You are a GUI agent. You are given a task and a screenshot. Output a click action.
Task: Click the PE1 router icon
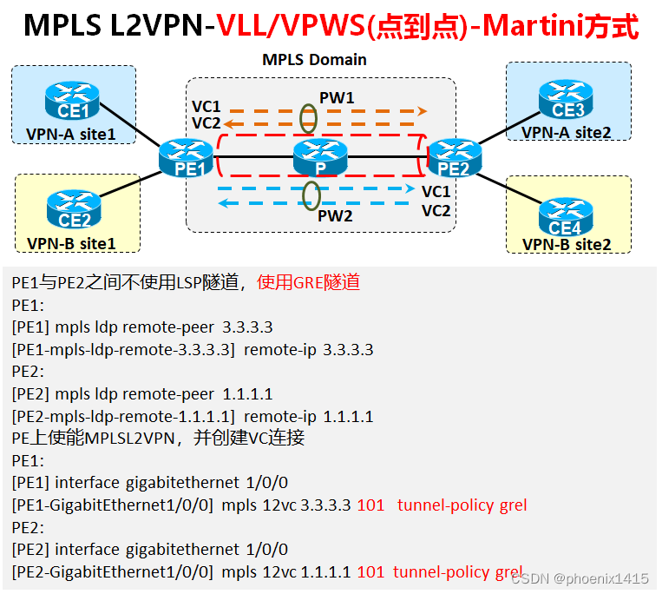point(187,160)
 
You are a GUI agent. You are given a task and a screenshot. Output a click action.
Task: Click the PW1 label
point(337,98)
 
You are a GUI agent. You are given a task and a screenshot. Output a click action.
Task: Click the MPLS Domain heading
point(314,60)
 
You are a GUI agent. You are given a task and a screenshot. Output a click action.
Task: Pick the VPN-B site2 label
point(567,244)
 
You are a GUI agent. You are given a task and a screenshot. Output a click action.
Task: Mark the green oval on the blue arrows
point(310,195)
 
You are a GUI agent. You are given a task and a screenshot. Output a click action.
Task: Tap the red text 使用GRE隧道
point(308,282)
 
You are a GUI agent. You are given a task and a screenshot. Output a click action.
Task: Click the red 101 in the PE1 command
point(370,505)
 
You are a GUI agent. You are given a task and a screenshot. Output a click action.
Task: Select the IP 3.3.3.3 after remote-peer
point(247,327)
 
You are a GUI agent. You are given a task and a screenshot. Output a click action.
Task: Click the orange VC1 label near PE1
point(206,106)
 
